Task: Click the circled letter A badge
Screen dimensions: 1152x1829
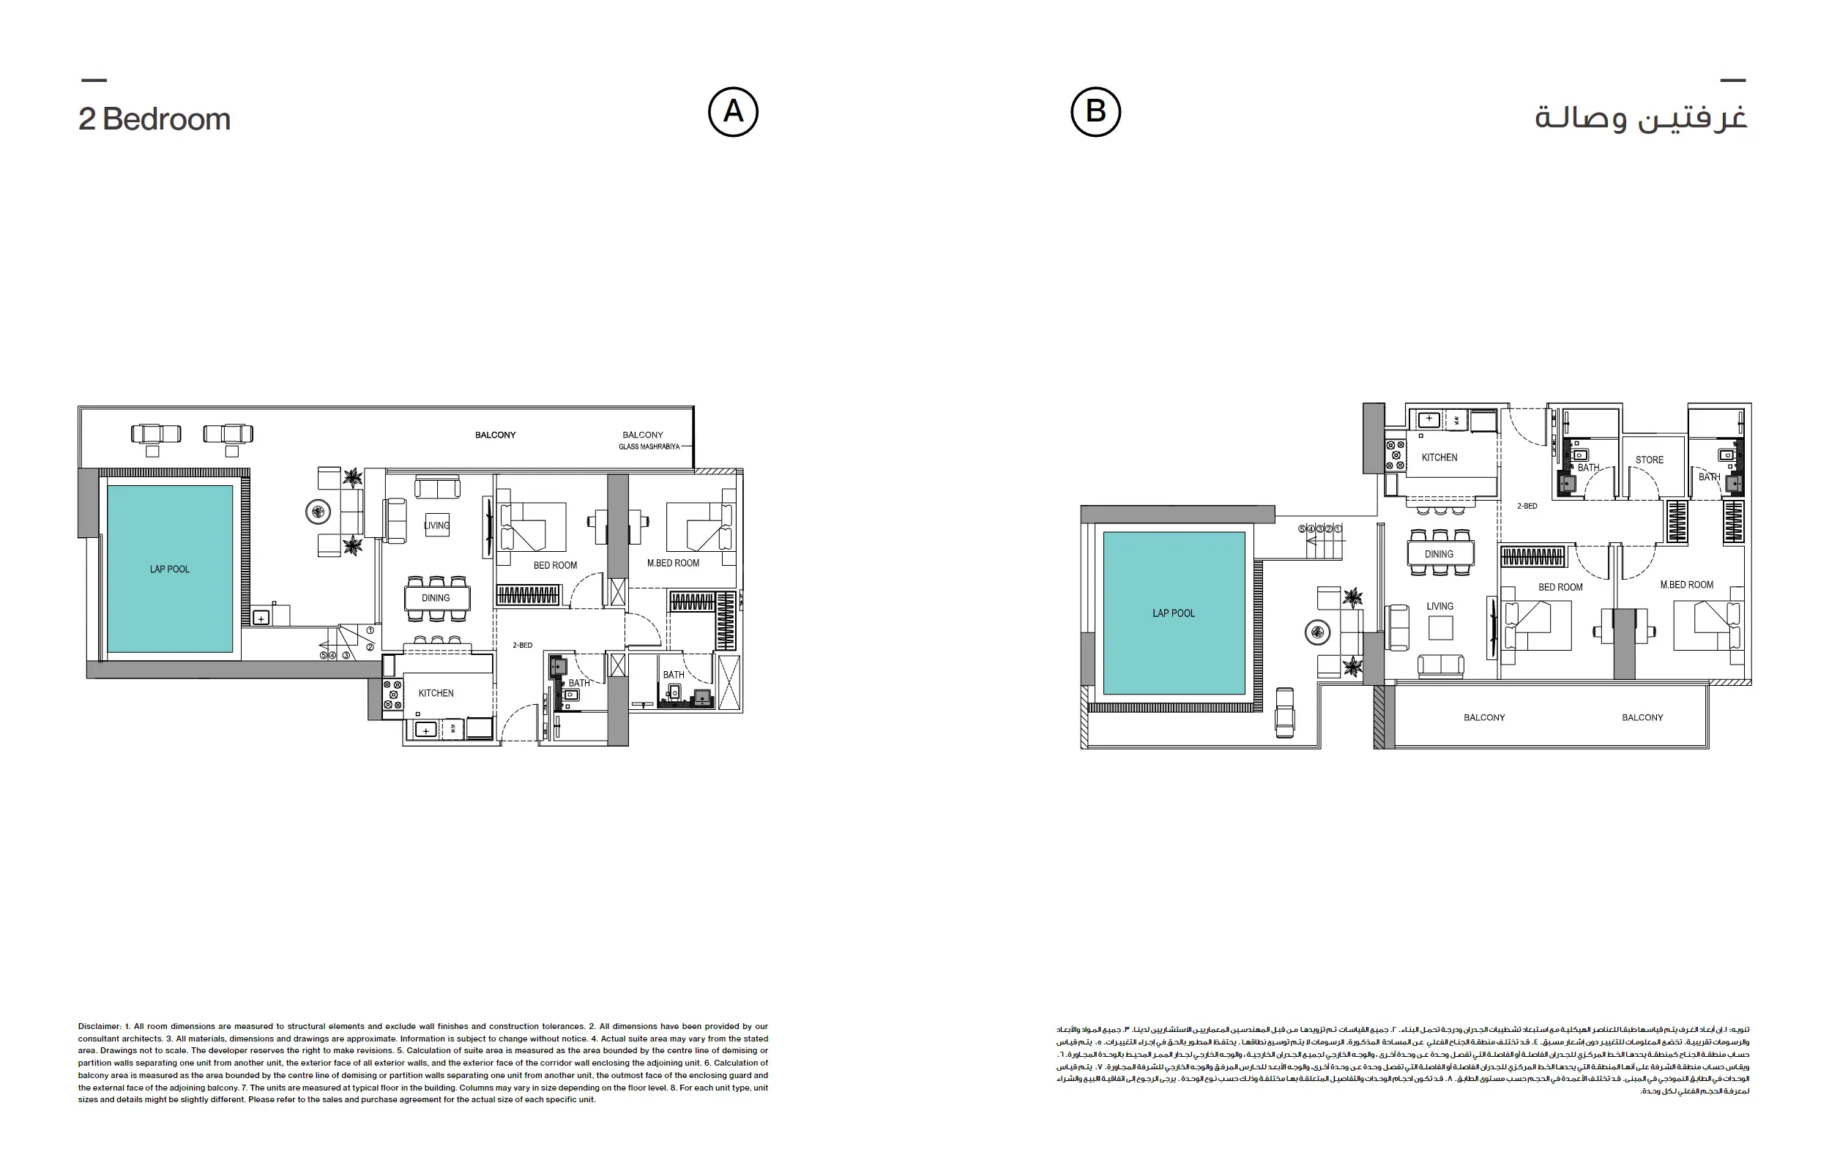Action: click(733, 112)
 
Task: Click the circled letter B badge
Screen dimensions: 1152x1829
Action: click(1095, 112)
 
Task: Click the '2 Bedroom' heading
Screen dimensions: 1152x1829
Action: click(154, 119)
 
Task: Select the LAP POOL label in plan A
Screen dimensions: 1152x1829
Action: click(169, 569)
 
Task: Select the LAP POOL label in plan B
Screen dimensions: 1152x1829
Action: click(1174, 613)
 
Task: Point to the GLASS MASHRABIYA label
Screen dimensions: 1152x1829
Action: click(649, 446)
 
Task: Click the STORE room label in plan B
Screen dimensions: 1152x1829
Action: click(1649, 460)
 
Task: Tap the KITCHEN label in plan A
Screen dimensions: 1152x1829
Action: click(436, 692)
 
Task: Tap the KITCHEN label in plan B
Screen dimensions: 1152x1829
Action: click(1439, 457)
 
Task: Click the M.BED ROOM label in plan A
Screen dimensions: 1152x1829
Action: click(673, 563)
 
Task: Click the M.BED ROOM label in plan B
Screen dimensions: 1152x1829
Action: click(1686, 585)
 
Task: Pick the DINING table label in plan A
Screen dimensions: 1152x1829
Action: click(436, 598)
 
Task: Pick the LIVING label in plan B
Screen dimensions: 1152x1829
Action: click(1439, 606)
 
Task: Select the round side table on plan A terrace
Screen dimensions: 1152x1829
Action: click(318, 512)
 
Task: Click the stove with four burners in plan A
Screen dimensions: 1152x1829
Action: click(392, 695)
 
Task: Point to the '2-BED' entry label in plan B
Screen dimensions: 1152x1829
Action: click(1527, 506)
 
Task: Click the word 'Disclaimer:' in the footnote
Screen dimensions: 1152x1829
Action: click(100, 1026)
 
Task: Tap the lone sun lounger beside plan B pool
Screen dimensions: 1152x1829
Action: click(1284, 711)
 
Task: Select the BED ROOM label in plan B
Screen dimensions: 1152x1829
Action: click(1560, 587)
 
